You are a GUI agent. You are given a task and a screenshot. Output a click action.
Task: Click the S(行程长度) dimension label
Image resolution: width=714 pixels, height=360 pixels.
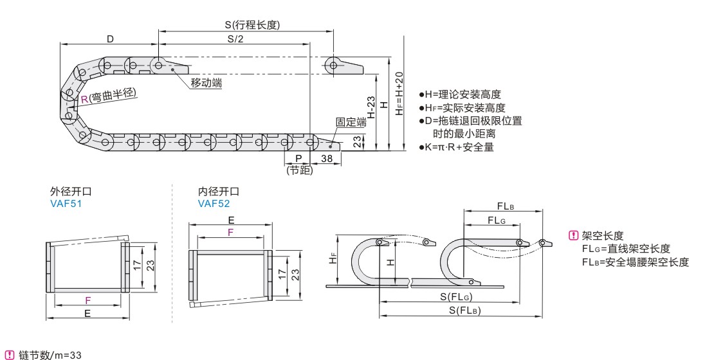tap(252, 25)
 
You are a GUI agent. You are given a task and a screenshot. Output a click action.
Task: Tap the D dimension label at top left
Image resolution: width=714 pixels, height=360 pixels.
tap(110, 39)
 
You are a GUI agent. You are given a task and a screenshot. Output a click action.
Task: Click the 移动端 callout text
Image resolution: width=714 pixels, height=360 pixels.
tap(206, 84)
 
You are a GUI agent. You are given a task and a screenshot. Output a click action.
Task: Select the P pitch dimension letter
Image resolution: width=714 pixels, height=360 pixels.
tap(298, 157)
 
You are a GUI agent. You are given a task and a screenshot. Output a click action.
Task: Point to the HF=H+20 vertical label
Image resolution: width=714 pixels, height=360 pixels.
tap(399, 93)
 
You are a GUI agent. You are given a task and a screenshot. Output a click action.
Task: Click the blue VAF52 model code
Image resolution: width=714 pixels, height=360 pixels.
tap(214, 204)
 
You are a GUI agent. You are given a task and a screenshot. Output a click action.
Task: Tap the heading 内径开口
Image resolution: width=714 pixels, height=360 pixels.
tap(219, 192)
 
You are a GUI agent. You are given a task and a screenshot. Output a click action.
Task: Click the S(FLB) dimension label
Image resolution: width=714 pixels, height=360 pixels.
tap(461, 310)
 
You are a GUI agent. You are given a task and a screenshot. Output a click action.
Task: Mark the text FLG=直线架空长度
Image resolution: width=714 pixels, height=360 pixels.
tap(626, 248)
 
